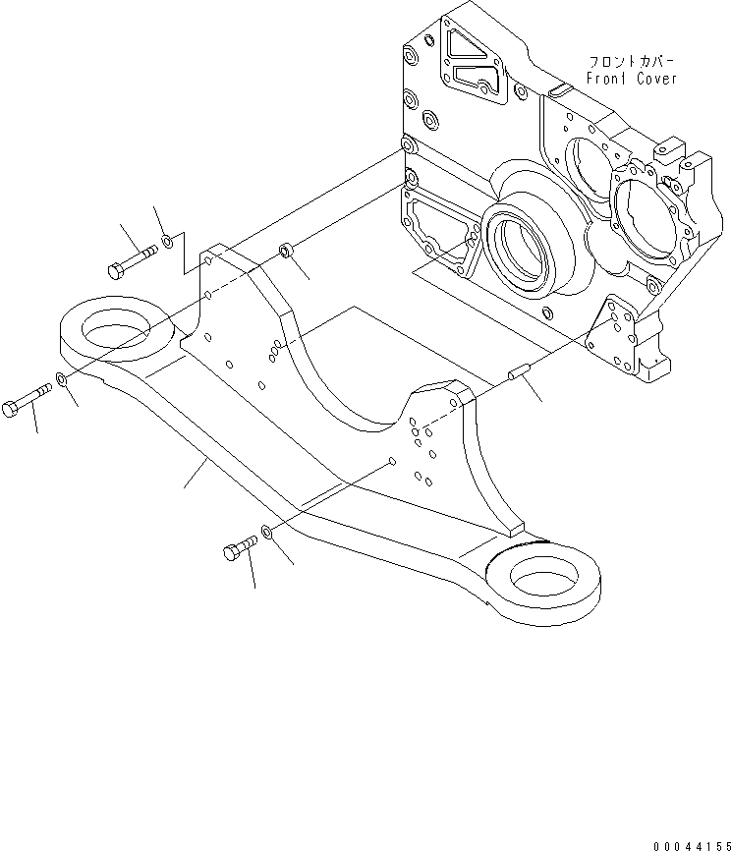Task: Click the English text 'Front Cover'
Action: click(x=632, y=79)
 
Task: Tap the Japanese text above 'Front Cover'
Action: click(x=632, y=59)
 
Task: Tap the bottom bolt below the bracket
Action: click(x=239, y=548)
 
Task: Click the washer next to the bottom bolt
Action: click(x=266, y=536)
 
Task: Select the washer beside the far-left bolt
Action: click(x=62, y=380)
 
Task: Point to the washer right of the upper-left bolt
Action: click(x=168, y=239)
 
